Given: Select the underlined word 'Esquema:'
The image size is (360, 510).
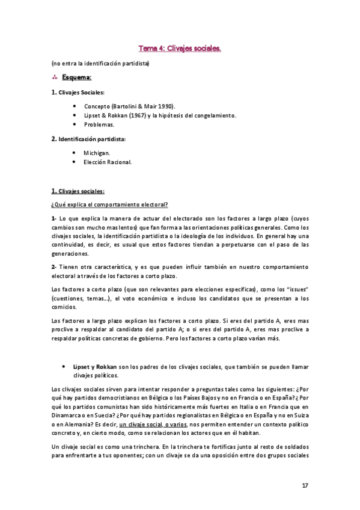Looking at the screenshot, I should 77,78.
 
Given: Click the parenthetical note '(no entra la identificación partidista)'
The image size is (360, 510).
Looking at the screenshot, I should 100,63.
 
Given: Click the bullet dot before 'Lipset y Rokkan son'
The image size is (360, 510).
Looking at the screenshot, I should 63,366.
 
